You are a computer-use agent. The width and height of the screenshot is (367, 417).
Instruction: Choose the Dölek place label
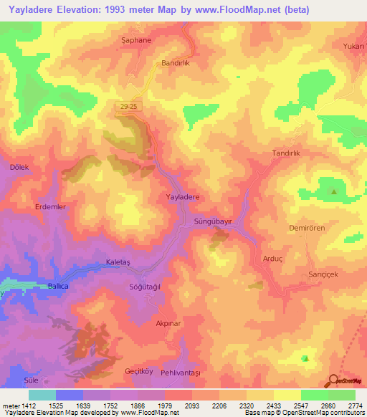coord(19,167)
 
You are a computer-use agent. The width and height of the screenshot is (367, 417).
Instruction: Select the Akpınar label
coord(170,324)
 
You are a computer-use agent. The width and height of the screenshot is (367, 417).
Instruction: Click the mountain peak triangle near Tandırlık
coord(333,191)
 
